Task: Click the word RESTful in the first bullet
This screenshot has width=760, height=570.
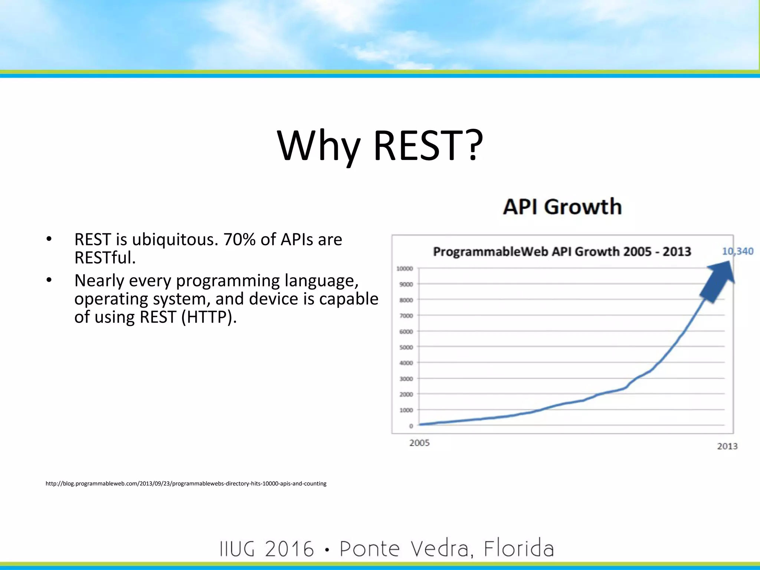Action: [x=105, y=258]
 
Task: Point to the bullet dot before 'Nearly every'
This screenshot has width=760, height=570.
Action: [x=49, y=281]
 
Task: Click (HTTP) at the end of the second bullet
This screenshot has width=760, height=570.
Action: [x=209, y=317]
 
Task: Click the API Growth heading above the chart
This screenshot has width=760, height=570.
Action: [x=562, y=207]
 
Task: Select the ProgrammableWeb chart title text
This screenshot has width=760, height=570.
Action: [x=562, y=252]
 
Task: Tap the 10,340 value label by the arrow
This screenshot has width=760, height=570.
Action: [x=737, y=251]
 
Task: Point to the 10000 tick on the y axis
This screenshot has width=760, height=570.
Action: [x=404, y=268]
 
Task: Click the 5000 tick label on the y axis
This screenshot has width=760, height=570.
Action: [x=406, y=347]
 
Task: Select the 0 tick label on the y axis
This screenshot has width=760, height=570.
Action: [x=411, y=426]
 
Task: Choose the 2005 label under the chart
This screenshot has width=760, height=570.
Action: [x=419, y=443]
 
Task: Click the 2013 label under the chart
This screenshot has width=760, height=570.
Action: [x=727, y=446]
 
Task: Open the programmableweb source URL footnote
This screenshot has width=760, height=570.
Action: [x=186, y=484]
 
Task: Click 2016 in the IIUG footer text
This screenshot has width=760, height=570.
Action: [x=289, y=549]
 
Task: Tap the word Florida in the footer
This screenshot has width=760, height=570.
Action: [x=518, y=548]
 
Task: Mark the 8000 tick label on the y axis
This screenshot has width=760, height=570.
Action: [x=406, y=300]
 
